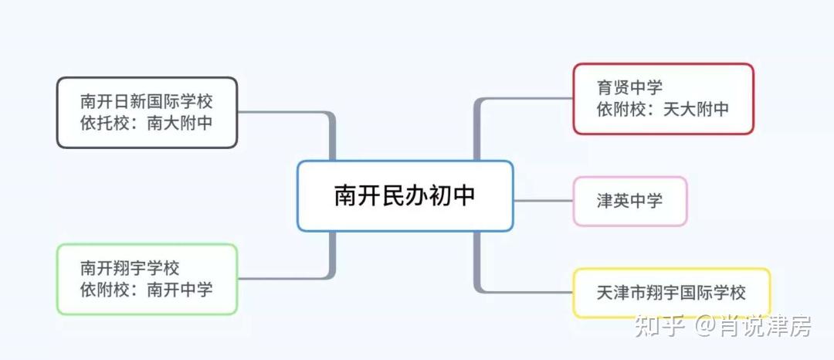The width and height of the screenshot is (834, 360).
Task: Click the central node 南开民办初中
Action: tap(405, 195)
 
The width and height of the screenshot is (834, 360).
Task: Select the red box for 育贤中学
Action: tap(663, 98)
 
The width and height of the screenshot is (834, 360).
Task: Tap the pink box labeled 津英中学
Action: tap(629, 201)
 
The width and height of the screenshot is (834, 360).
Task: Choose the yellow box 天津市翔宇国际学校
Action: tap(670, 293)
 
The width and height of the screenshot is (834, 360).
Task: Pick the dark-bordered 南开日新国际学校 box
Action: tap(147, 112)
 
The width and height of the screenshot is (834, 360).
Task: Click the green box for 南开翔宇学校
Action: tap(147, 279)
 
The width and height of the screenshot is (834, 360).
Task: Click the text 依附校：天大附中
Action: tap(663, 109)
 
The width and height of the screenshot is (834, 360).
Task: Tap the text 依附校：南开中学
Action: tap(146, 290)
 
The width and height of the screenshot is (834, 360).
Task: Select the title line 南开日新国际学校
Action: tap(146, 101)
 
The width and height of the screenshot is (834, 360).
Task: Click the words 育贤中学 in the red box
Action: tap(629, 87)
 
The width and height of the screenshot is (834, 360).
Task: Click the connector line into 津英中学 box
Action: tap(543, 201)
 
